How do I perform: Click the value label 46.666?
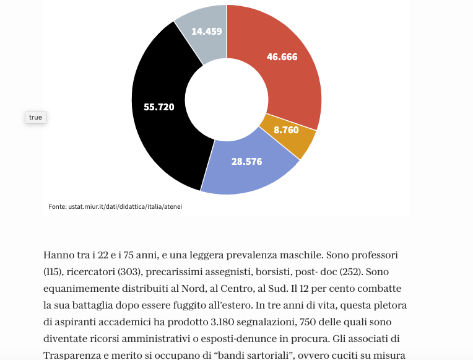tap(282, 57)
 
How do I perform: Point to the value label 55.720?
tap(159, 107)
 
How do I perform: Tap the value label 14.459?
tap(207, 31)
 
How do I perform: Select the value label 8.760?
tap(286, 130)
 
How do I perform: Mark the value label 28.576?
tap(247, 162)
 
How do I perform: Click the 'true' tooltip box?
tap(35, 117)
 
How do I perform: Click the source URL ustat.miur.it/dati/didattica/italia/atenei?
tap(125, 206)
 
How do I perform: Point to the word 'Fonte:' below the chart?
tap(58, 206)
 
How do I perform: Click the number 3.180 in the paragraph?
tap(222, 322)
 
